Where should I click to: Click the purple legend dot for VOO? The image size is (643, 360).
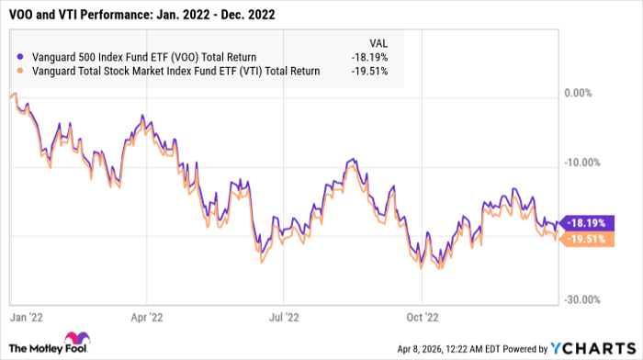pyautogui.click(x=21, y=56)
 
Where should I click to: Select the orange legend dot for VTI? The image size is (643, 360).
pyautogui.click(x=21, y=72)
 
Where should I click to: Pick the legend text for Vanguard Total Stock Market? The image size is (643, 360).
pyautogui.click(x=175, y=72)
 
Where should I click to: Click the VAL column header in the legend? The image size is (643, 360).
pyautogui.click(x=377, y=41)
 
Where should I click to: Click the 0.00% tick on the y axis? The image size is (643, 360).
pyautogui.click(x=580, y=94)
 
